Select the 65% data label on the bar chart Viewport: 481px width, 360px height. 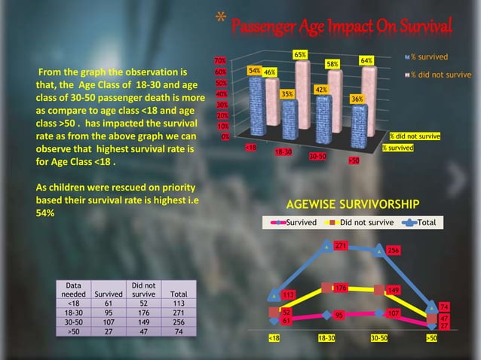click(299, 55)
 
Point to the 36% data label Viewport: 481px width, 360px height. click(357, 99)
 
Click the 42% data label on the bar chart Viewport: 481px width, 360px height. click(320, 90)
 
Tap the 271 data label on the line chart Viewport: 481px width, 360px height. click(340, 246)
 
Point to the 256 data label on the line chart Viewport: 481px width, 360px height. click(393, 250)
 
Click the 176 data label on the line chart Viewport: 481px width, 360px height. click(340, 288)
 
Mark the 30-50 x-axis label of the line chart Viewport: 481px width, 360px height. click(379, 339)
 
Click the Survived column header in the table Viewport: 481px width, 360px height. click(108, 294)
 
